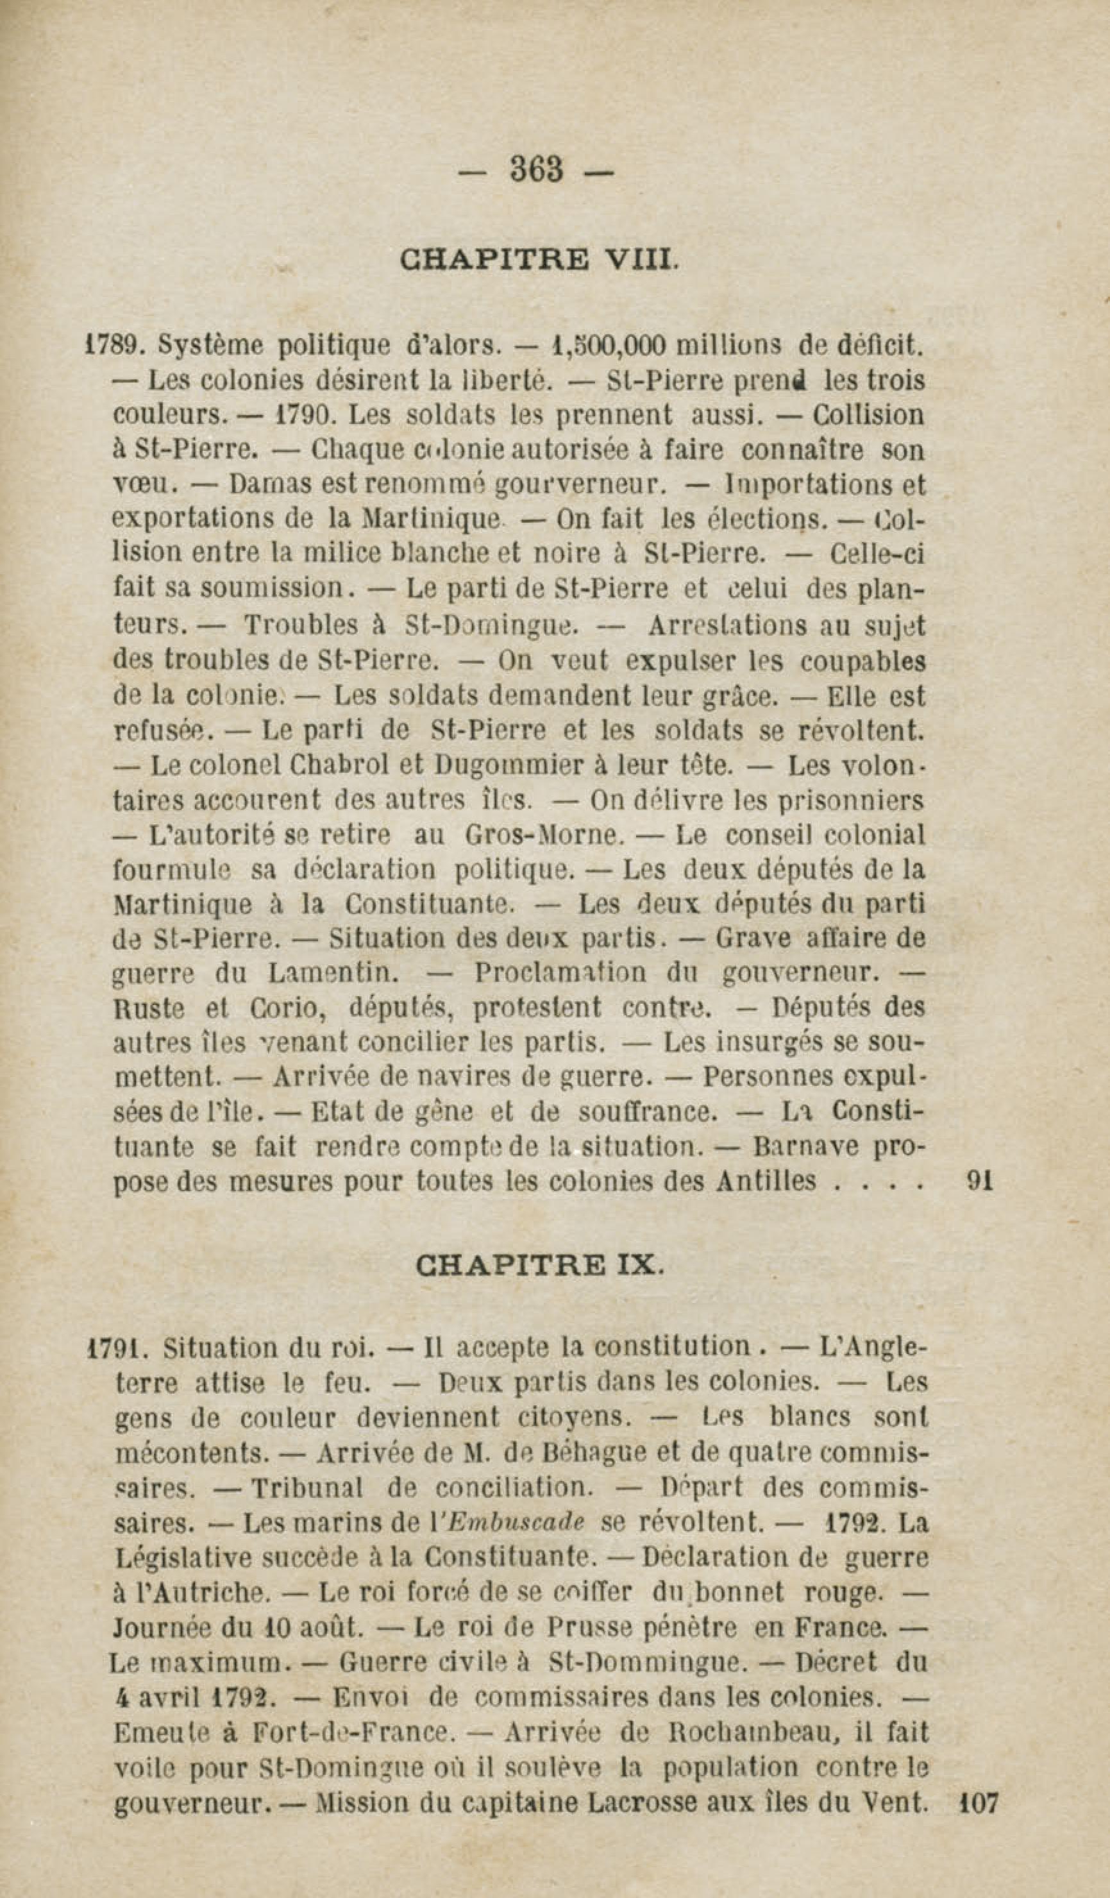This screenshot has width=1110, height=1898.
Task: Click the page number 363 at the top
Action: coord(537,169)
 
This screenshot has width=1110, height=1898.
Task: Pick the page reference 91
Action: coord(979,1180)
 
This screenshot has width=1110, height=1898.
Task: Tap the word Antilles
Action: coord(765,1180)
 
